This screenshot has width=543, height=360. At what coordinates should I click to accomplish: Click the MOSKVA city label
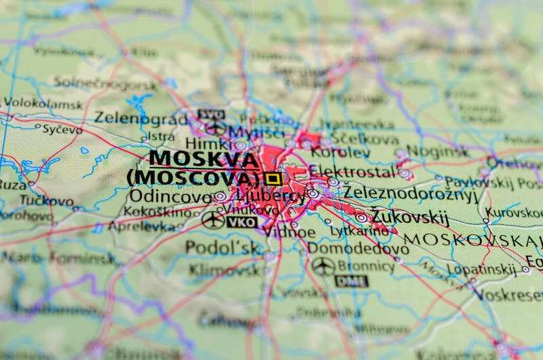coord(204,160)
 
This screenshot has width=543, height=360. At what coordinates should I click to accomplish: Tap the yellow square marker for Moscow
coord(273,179)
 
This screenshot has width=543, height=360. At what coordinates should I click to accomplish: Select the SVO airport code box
coord(210,114)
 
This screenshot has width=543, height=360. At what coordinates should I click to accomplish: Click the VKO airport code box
coord(242,221)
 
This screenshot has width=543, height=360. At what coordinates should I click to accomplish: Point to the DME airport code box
coord(351,281)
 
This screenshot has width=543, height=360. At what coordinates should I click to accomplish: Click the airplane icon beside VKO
coord(213,220)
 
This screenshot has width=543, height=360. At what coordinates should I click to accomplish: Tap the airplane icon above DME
coord(323,266)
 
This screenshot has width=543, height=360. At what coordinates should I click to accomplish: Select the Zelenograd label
coord(141,118)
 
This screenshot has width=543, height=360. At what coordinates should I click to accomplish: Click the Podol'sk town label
coord(223,247)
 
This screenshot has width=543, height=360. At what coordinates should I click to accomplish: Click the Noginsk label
coord(438,151)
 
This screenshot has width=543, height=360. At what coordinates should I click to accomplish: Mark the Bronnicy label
coord(366,266)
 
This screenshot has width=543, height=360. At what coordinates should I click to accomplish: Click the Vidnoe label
coord(290,232)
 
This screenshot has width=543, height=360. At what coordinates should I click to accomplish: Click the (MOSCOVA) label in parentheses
coord(194,178)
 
